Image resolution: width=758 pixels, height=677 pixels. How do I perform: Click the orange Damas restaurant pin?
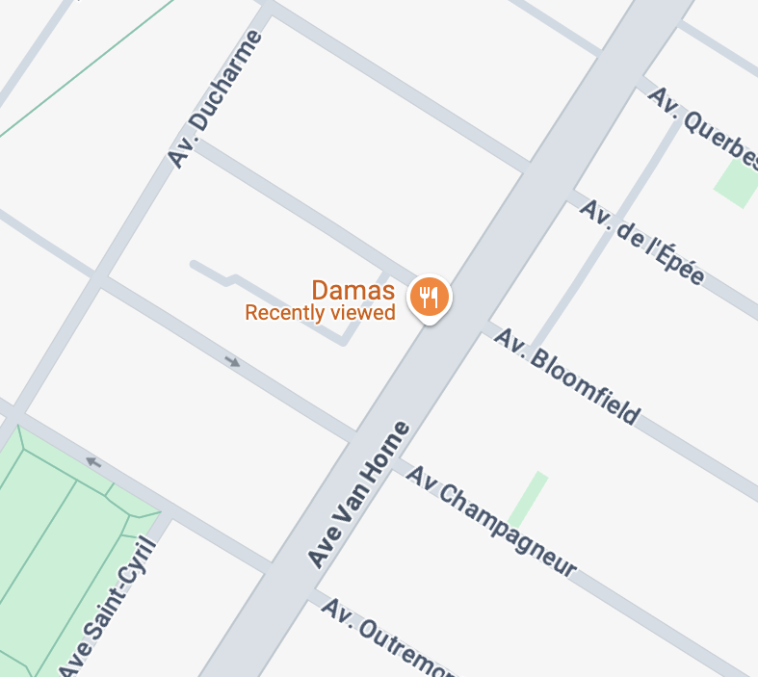430,297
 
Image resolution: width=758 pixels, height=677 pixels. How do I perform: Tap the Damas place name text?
353,290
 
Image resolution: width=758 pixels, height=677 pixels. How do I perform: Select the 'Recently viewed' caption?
320,313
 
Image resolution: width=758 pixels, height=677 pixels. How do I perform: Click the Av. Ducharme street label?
215,99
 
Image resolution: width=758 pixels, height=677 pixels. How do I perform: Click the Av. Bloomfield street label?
566,375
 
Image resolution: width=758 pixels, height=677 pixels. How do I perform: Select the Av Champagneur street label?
490,520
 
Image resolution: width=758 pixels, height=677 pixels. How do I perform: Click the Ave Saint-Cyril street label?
108,609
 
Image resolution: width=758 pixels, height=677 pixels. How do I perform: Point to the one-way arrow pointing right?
232,362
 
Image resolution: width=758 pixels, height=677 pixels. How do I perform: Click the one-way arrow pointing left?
93,462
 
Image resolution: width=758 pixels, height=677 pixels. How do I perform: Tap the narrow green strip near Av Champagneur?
528,499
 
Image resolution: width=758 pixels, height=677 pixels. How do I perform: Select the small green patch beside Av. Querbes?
737,182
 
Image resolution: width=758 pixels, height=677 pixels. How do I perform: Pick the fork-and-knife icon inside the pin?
430,296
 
